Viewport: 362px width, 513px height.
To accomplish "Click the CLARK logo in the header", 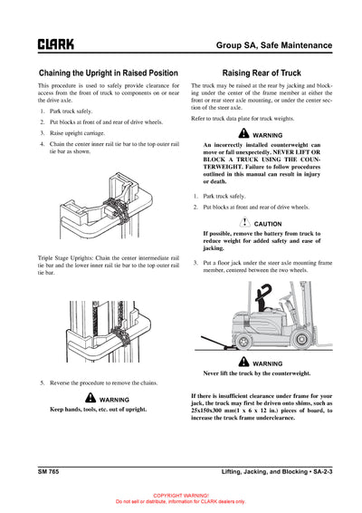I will pyautogui.click(x=55, y=44).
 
